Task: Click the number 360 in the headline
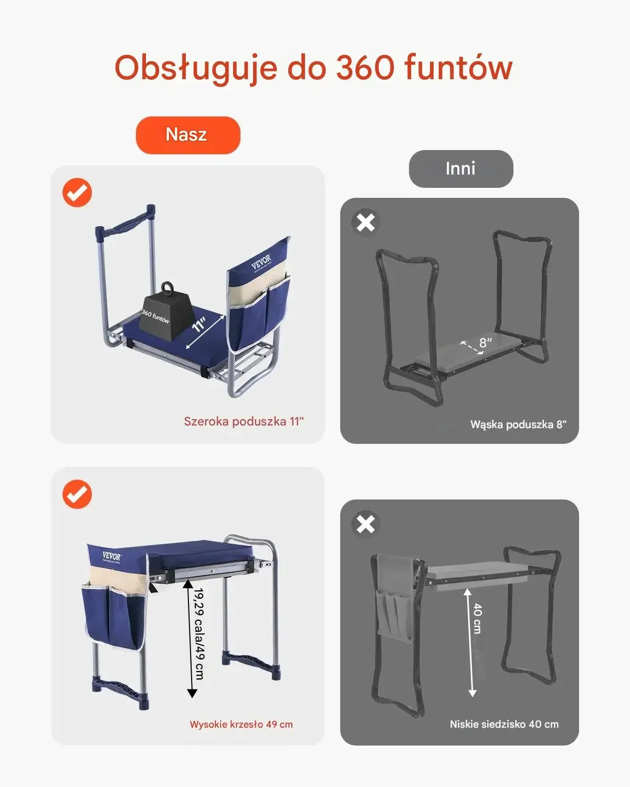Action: coord(365,68)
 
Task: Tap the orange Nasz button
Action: coord(188,135)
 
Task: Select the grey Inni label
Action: coord(461,168)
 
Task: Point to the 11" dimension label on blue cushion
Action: coord(199,324)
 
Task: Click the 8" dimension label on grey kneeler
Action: coord(486,343)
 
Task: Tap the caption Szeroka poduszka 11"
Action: coord(244,421)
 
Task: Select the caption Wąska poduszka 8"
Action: coord(518,424)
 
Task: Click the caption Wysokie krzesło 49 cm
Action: coord(241,724)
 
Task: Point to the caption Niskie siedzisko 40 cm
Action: coord(504,724)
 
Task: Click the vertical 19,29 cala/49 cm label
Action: coord(199,634)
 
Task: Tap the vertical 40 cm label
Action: coord(477,618)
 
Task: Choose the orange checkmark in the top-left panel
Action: coord(77,193)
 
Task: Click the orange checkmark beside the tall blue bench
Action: coord(77,494)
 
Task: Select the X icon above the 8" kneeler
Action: coord(366,222)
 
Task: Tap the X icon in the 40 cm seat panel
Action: coord(366,524)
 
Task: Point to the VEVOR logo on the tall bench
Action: coord(111,556)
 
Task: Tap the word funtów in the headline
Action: coord(458,68)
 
